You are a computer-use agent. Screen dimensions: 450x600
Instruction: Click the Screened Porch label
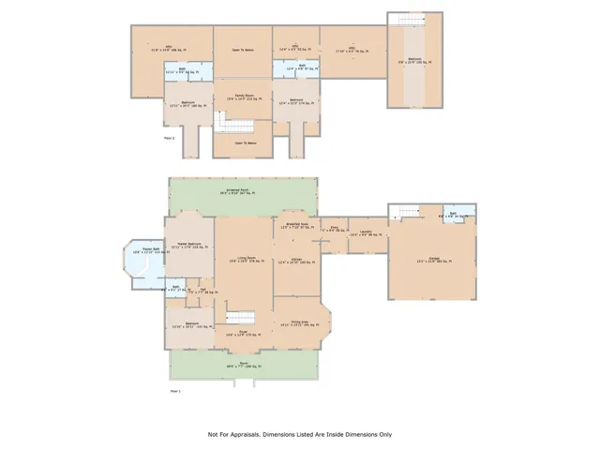point(244,191)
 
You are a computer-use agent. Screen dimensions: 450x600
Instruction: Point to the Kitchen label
point(295,262)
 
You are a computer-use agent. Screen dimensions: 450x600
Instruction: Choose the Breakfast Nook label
point(295,226)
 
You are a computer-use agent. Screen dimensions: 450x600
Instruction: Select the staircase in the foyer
point(244,318)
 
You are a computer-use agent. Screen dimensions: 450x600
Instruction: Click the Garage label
point(434,262)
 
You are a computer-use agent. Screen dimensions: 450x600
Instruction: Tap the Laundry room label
point(367,234)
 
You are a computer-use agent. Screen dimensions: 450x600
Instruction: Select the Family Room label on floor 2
point(244,97)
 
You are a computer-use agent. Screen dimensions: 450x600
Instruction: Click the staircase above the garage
point(407,21)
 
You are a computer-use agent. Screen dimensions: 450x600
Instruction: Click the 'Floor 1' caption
point(175,389)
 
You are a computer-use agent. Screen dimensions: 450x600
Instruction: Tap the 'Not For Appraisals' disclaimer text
point(300,434)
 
